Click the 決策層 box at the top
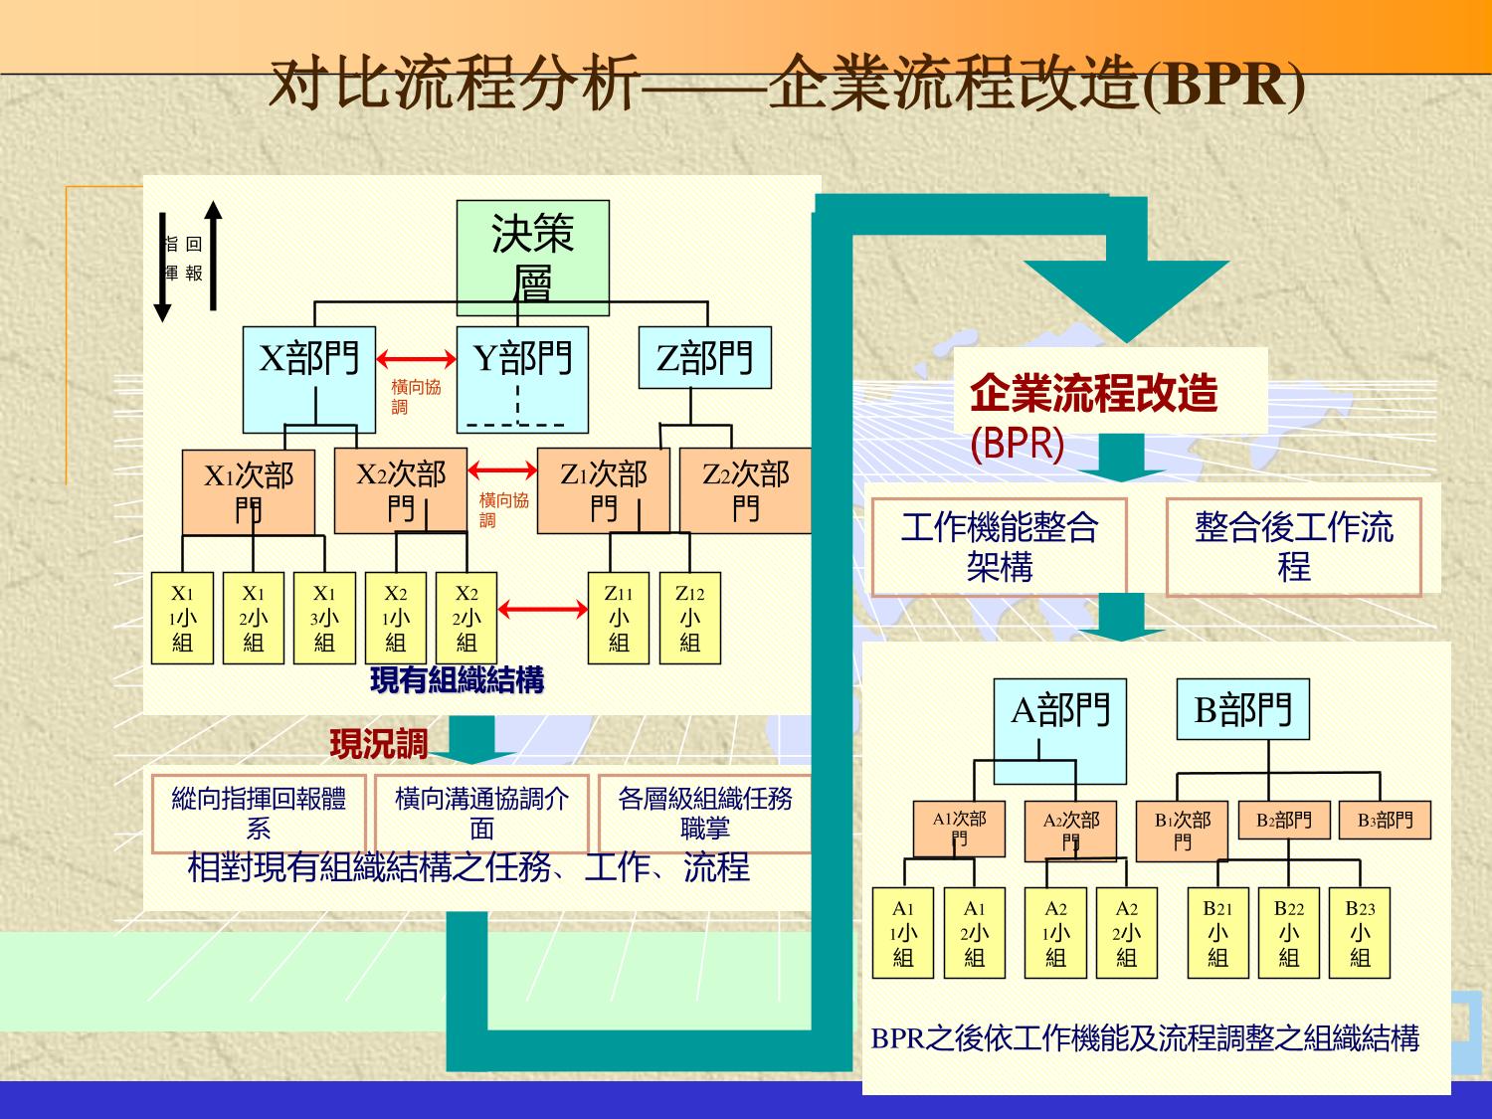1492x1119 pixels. [532, 258]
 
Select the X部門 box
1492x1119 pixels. [309, 379]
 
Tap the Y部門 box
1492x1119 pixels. [522, 379]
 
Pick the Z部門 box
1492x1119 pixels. [704, 357]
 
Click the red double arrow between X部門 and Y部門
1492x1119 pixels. [416, 358]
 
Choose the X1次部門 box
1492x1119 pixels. [248, 491]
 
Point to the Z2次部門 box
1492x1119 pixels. [745, 490]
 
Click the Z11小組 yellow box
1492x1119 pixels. [619, 618]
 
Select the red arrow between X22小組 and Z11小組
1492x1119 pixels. [543, 609]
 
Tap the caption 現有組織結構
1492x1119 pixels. [457, 681]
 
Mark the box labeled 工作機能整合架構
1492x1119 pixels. [999, 546]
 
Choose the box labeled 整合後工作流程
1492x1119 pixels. [1293, 546]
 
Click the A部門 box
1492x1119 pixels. [1060, 730]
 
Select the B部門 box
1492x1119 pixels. [1242, 709]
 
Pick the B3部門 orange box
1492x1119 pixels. [1385, 821]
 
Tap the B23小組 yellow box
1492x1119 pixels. [1360, 933]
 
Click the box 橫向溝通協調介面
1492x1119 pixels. [481, 814]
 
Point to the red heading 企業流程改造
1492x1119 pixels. [1093, 393]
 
